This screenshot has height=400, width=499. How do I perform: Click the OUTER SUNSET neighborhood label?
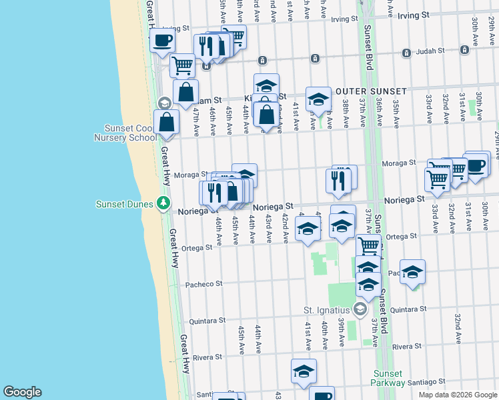coord(371,91)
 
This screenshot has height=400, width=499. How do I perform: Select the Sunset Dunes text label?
coord(125,204)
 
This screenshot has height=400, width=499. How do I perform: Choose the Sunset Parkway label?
coord(388,378)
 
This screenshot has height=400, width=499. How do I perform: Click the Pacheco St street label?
coord(204,284)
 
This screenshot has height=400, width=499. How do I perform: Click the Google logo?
coord(22,392)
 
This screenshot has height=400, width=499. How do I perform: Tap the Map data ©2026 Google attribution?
coord(458,395)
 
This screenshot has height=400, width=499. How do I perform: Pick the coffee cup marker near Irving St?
coord(162,41)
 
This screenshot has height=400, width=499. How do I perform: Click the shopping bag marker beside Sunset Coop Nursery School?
coord(166,123)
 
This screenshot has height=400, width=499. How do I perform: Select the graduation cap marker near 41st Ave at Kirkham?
coord(319,100)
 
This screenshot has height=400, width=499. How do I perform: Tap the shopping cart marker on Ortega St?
coord(368,246)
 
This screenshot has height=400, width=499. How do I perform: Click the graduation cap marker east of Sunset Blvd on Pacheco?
coord(412,272)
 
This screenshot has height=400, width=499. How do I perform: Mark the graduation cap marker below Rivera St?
coord(304,371)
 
